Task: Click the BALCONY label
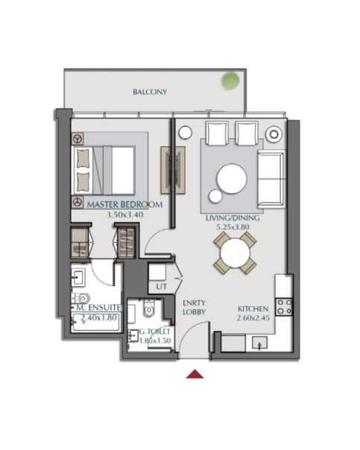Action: [150, 92]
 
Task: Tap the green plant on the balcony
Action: [230, 80]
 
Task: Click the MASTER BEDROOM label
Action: [125, 205]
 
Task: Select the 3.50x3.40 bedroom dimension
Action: [125, 215]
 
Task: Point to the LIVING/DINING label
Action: [233, 218]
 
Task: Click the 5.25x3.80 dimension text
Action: [233, 227]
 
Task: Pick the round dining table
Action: [235, 253]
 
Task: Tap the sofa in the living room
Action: [271, 179]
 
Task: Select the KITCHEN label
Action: [253, 309]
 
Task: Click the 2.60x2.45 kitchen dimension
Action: [253, 318]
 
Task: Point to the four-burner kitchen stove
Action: [284, 307]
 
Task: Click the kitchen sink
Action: [259, 343]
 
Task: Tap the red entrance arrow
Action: [195, 374]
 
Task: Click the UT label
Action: [161, 286]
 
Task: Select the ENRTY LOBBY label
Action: [194, 308]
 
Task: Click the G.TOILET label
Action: [155, 332]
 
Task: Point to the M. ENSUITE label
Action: [98, 308]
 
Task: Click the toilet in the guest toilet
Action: [149, 308]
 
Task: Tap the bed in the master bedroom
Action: [104, 171]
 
